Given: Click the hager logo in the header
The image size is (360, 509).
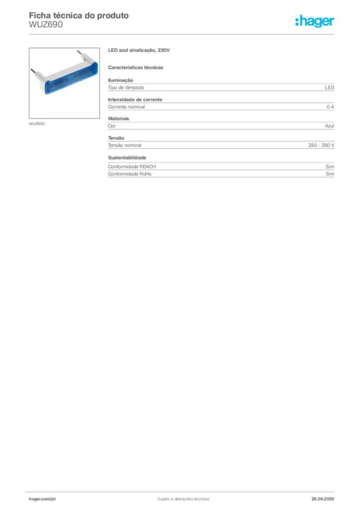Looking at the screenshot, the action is tap(315, 21).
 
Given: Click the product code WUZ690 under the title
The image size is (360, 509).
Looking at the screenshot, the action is tap(46, 25).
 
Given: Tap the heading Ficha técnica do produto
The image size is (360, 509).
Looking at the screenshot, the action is tap(79, 15).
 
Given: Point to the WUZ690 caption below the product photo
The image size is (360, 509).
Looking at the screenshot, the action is tap(37, 124).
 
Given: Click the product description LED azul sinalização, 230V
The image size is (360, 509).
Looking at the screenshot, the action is tap(139, 50).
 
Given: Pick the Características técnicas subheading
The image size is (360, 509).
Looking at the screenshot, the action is tap(136, 68).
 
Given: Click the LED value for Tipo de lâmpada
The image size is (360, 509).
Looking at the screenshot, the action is tap(330, 87).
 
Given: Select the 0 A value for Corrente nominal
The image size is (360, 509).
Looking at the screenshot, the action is tap(331, 107).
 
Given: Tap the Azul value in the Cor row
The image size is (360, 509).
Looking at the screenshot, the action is tap(330, 126).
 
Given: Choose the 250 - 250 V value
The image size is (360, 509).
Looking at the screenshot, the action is tap(321, 146).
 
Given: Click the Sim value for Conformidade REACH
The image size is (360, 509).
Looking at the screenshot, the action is tap(330, 167).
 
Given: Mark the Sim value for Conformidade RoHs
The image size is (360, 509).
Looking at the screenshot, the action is tap(330, 174).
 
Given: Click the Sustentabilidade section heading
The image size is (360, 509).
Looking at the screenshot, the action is tap(127, 158).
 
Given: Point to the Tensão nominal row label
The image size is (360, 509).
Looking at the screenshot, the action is tap(125, 146).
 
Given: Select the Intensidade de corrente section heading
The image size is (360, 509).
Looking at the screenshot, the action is tap(135, 99).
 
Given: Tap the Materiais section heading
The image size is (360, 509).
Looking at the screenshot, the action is tap(118, 119).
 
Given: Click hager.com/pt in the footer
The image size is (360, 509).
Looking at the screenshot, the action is tap(42, 499).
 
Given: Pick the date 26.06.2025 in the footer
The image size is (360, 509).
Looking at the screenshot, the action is tap(323, 499).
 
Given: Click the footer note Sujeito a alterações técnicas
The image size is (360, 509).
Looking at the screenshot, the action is tap(183, 499).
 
